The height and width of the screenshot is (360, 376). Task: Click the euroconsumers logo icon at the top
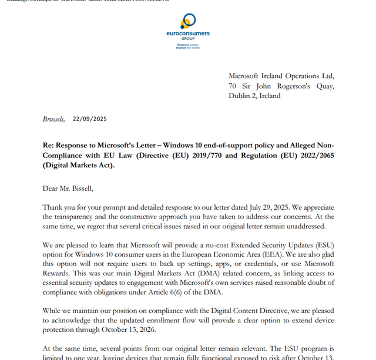coord(187,21)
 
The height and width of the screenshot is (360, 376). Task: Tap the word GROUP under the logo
coord(188,39)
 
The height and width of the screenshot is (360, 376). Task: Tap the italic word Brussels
coord(53,119)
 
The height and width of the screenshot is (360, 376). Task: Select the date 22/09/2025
coord(90,119)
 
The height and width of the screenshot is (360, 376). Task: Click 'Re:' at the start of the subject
coord(48,145)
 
